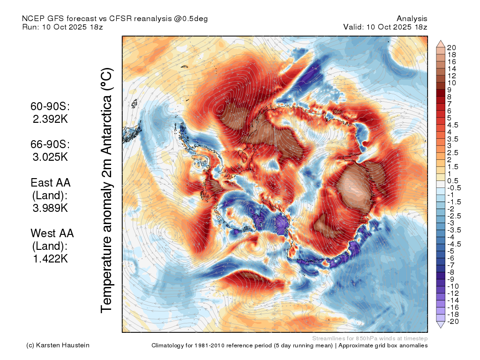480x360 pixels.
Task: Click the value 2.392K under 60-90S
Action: pyautogui.click(x=50, y=119)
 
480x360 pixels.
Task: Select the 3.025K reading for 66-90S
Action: pyautogui.click(x=50, y=157)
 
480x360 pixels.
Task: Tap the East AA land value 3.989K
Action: pyautogui.click(x=50, y=208)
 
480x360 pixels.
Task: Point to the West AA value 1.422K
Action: pyautogui.click(x=50, y=259)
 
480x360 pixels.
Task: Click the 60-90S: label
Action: pyautogui.click(x=50, y=106)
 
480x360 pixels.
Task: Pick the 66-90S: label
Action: pyautogui.click(x=50, y=144)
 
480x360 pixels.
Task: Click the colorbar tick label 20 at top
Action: pyautogui.click(x=451, y=48)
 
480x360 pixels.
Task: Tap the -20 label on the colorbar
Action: pyautogui.click(x=453, y=322)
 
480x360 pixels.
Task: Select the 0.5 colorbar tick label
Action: pyautogui.click(x=453, y=181)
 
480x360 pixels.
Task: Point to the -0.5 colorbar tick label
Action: pyautogui.click(x=454, y=188)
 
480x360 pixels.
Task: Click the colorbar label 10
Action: pyautogui.click(x=451, y=83)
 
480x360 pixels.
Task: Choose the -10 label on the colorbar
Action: pyautogui.click(x=453, y=286)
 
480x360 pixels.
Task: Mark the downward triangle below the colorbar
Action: pyautogui.click(x=441, y=325)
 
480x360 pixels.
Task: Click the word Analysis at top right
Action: pyautogui.click(x=412, y=19)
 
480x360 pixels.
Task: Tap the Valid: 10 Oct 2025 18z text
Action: pyautogui.click(x=385, y=27)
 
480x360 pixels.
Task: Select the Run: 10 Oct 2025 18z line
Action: pyautogui.click(x=62, y=27)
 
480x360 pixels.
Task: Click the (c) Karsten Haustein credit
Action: pyautogui.click(x=58, y=345)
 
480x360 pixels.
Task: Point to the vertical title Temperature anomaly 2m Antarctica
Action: pyautogui.click(x=107, y=190)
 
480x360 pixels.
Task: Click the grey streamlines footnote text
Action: pyautogui.click(x=370, y=338)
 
